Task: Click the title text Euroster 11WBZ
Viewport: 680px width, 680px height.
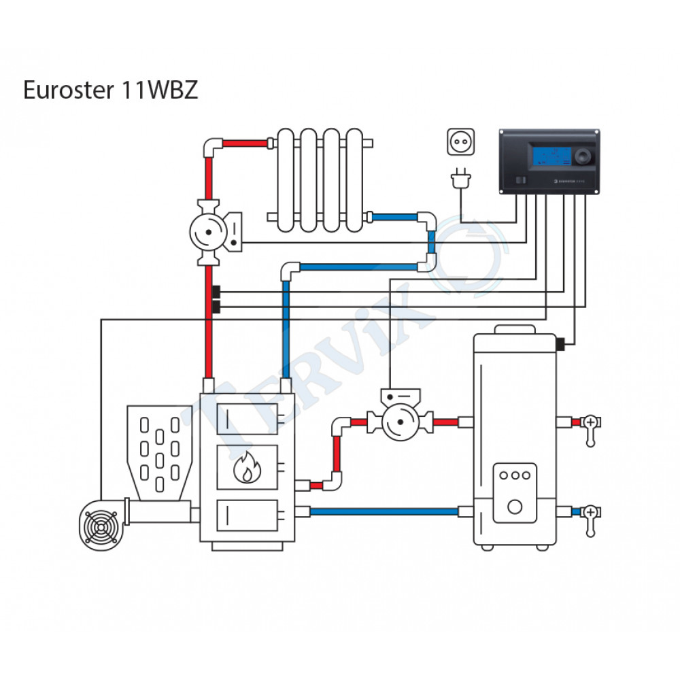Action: coord(110,90)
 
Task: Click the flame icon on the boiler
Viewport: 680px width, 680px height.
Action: coord(247,466)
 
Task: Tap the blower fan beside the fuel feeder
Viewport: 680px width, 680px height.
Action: coord(103,524)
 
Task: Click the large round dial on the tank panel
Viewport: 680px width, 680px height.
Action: coord(515,506)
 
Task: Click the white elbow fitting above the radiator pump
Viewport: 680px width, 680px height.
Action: coord(212,146)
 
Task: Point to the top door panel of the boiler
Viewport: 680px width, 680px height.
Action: coord(247,415)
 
